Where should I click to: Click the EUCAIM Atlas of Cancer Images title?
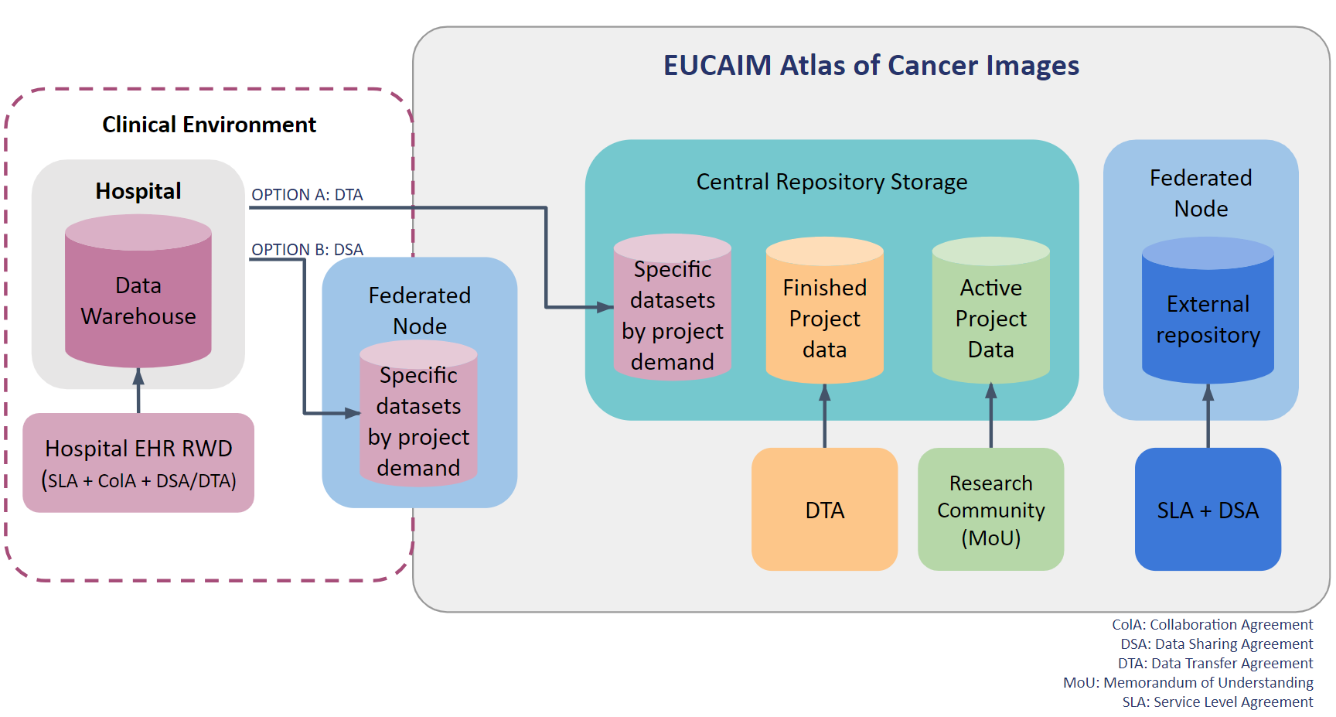coord(871,66)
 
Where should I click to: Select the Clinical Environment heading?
coord(209,125)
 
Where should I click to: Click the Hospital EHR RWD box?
coord(138,463)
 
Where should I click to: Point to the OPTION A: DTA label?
coord(307,195)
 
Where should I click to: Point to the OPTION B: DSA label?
coord(307,250)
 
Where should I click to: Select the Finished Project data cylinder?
coord(824,318)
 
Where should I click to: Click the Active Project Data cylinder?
coord(990,318)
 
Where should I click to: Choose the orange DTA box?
coord(824,510)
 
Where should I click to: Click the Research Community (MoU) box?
coord(990,510)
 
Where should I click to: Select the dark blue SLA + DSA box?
coord(1208,510)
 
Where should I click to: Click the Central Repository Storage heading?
coord(831,182)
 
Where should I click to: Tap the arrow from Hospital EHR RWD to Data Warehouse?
coord(138,391)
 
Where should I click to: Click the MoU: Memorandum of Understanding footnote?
coord(1188,682)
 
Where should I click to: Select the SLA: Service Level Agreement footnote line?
coord(1217,702)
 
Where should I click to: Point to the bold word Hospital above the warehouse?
coord(138,191)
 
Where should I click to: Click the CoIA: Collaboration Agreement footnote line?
coord(1212,624)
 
